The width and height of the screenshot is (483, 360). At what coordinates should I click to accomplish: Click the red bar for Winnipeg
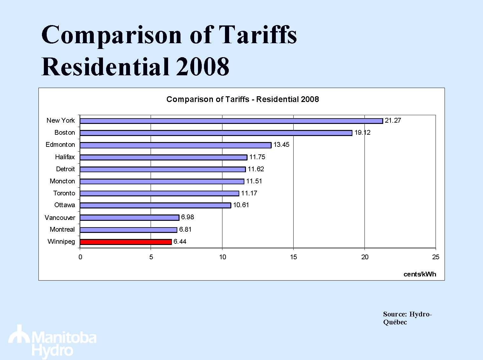point(126,242)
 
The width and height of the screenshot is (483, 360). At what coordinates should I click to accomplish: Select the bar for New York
point(231,121)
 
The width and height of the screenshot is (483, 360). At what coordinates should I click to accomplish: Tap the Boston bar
point(216,133)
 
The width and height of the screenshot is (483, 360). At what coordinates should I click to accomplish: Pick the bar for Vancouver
point(129,218)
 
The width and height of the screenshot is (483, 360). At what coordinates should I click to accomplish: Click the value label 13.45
point(281,145)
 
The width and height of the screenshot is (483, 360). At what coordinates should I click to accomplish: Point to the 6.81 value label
point(185,229)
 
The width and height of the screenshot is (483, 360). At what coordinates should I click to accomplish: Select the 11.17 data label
point(249,193)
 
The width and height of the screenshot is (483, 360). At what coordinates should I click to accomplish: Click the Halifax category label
point(65,157)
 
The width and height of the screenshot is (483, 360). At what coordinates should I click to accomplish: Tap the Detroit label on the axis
point(65,169)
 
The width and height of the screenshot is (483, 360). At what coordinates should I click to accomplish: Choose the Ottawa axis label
point(65,205)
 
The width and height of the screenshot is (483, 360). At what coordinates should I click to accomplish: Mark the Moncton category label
point(62,181)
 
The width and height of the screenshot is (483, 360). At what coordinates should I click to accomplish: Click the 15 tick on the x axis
point(293,257)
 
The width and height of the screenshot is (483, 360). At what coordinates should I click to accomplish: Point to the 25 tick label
point(436,257)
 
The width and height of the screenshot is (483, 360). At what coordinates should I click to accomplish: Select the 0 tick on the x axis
point(80,257)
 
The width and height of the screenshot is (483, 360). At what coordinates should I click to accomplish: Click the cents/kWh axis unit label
point(419,274)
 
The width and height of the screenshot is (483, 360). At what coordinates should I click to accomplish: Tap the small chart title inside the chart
point(242,99)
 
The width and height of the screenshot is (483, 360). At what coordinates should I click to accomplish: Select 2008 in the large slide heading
point(202,67)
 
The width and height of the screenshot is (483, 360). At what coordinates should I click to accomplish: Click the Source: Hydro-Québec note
point(407,318)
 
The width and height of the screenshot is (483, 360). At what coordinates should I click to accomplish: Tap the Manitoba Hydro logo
point(52,342)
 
